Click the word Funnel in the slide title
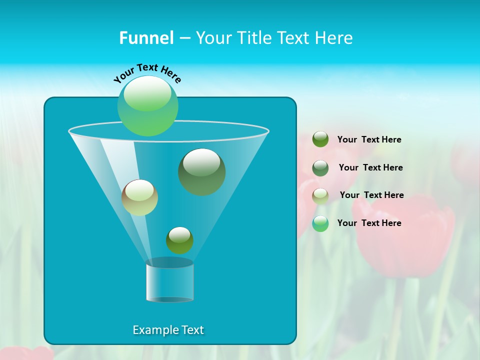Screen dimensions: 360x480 146,38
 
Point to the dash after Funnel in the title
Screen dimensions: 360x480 184,38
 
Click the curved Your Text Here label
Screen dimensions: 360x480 147,72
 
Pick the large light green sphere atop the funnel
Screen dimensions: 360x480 147,106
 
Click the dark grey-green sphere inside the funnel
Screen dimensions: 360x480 201,171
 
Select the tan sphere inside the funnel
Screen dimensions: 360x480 139,197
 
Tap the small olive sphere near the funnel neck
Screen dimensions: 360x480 179,240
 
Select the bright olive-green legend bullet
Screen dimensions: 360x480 320,139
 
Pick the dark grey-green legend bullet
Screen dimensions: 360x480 320,168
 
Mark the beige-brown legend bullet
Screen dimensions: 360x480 320,195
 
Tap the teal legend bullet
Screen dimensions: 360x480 320,223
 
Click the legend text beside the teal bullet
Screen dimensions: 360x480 369,223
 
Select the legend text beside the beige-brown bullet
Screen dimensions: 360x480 371,195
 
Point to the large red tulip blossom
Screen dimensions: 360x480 405,235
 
